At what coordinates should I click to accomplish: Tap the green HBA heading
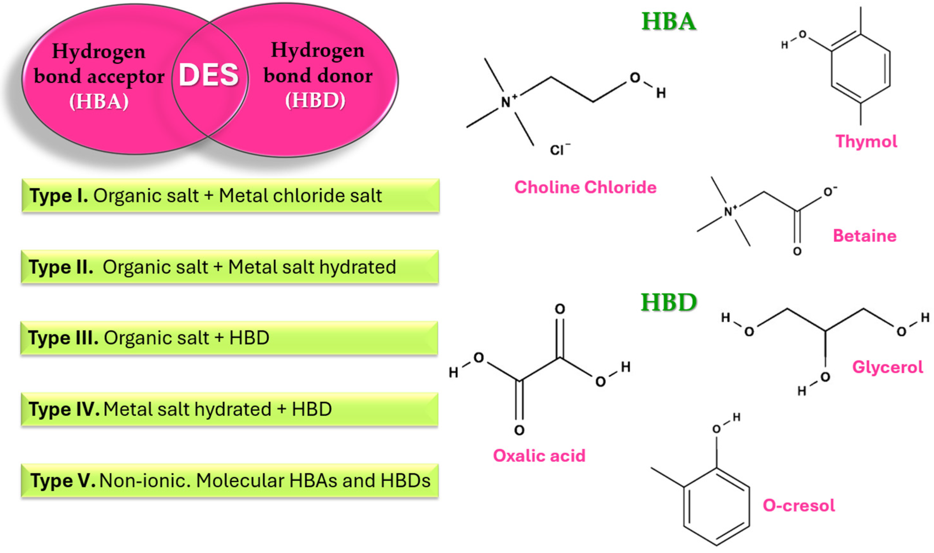coord(669,21)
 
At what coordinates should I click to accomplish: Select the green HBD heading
coord(669,302)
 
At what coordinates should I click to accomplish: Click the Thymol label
coord(866,142)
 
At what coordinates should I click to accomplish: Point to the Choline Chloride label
coord(585,187)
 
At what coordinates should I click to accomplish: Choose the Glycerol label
coord(887,367)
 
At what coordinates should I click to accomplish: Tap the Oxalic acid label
coord(539,455)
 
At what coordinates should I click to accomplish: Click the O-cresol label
coord(799,505)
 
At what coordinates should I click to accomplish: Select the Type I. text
coord(59,196)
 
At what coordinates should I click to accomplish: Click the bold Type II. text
coord(61,267)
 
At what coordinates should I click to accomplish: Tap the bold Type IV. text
coord(64,409)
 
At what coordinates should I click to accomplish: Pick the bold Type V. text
coord(63,480)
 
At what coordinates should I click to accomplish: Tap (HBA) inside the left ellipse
coord(99,101)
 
